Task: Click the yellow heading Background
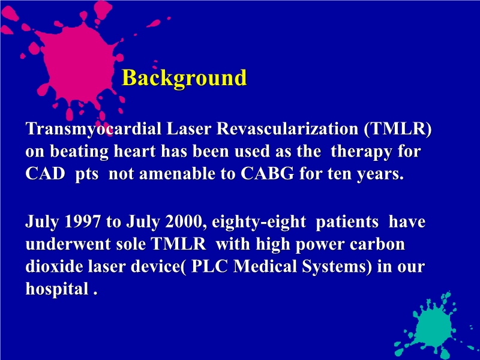pos(184,78)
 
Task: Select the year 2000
pos(173,221)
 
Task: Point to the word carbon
pos(381,244)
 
